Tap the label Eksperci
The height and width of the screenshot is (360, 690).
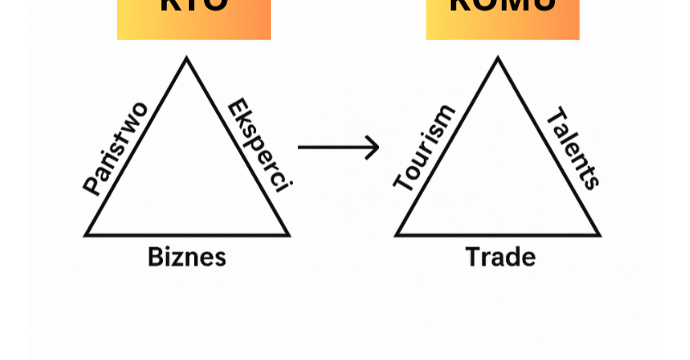pyautogui.click(x=259, y=146)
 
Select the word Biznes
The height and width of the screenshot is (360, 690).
pyautogui.click(x=187, y=257)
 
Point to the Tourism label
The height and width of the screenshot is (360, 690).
pyautogui.click(x=424, y=148)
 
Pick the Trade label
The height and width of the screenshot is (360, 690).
pyautogui.click(x=500, y=257)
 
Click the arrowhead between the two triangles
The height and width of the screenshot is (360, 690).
pyautogui.click(x=375, y=147)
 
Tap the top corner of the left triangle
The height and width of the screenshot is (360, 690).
pyautogui.click(x=187, y=59)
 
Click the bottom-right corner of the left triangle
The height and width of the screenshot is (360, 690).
pyautogui.click(x=287, y=234)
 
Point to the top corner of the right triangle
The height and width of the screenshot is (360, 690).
pyautogui.click(x=498, y=59)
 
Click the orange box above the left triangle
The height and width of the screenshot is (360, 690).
pyautogui.click(x=194, y=18)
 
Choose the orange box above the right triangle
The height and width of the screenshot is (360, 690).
pyautogui.click(x=503, y=18)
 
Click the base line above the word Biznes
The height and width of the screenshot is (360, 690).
pyautogui.click(x=187, y=235)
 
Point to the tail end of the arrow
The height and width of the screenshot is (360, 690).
pyautogui.click(x=300, y=147)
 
